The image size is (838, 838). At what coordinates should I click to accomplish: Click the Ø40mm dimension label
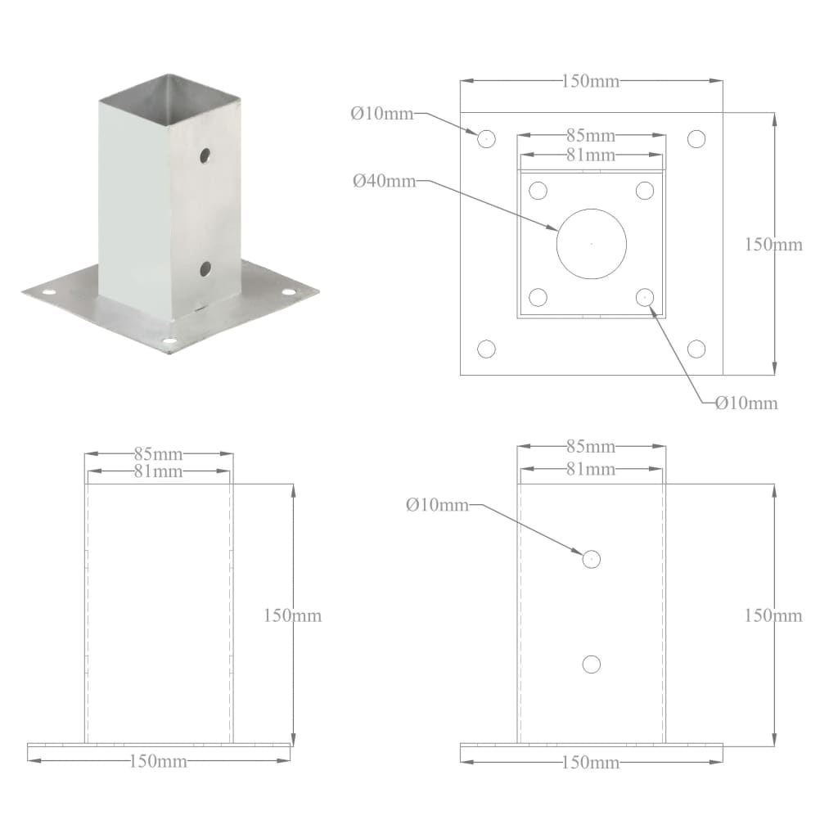point(384,181)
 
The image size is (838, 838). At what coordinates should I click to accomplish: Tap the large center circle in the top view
point(592,243)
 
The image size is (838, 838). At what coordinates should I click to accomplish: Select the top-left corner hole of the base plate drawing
point(487,137)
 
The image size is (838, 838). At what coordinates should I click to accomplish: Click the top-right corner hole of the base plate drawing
point(696,137)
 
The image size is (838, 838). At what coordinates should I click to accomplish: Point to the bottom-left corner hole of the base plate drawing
point(487,349)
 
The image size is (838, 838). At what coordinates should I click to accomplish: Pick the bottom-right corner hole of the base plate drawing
point(696,349)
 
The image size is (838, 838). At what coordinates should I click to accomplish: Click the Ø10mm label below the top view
point(746,403)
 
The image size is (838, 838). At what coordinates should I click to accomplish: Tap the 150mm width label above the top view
point(591,81)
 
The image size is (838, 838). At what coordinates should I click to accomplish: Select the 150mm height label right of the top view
point(773,244)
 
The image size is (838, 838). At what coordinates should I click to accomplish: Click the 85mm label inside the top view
point(591,136)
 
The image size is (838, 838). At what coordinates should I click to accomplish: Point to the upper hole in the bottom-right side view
point(592,559)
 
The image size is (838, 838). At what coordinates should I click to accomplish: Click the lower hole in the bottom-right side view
point(592,664)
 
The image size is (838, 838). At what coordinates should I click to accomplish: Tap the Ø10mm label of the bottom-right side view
point(437,506)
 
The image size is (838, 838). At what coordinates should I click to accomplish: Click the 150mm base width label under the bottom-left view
point(159,761)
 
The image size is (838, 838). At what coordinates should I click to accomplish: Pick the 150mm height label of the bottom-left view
point(292,615)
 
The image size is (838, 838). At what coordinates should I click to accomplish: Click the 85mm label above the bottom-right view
point(591,447)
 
